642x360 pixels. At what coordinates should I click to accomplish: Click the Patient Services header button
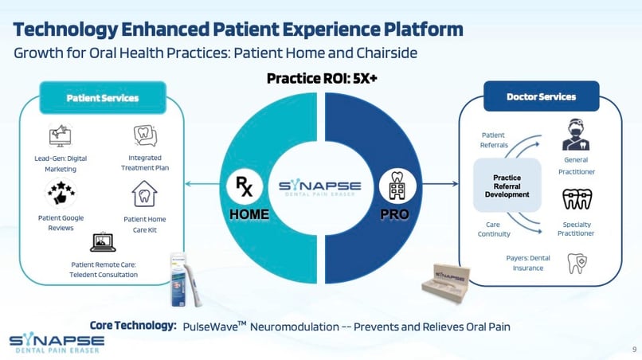pos(103,98)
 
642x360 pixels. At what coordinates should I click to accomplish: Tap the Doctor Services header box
pos(542,96)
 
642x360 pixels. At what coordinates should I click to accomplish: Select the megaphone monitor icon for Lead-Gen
pos(61,135)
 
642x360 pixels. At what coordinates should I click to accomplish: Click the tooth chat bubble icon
pos(145,135)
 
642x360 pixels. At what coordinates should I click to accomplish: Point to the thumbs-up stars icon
pos(61,193)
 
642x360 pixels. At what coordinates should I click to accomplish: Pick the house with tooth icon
pos(144,194)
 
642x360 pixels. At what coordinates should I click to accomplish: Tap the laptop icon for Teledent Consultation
pos(103,242)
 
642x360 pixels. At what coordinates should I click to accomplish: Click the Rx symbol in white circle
pos(245,186)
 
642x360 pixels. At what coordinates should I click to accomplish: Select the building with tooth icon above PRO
pos(397,186)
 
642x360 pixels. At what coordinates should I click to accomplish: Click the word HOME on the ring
pos(249,214)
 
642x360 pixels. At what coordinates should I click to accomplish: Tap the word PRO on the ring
pos(394,214)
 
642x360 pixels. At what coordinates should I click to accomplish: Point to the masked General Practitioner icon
pos(576,135)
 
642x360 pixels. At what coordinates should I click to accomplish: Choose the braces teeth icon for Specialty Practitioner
pos(577,199)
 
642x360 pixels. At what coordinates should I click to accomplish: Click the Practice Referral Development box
pos(507,186)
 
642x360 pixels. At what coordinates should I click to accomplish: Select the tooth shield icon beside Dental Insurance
pos(577,263)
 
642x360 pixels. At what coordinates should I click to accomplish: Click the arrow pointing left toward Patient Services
pos(202,184)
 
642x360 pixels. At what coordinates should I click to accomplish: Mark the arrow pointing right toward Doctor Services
pos(440,184)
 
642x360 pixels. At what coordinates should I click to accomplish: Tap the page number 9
pos(634,350)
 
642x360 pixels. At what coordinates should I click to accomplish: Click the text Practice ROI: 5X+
pos(322,78)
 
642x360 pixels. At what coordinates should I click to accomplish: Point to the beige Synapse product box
pos(446,283)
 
